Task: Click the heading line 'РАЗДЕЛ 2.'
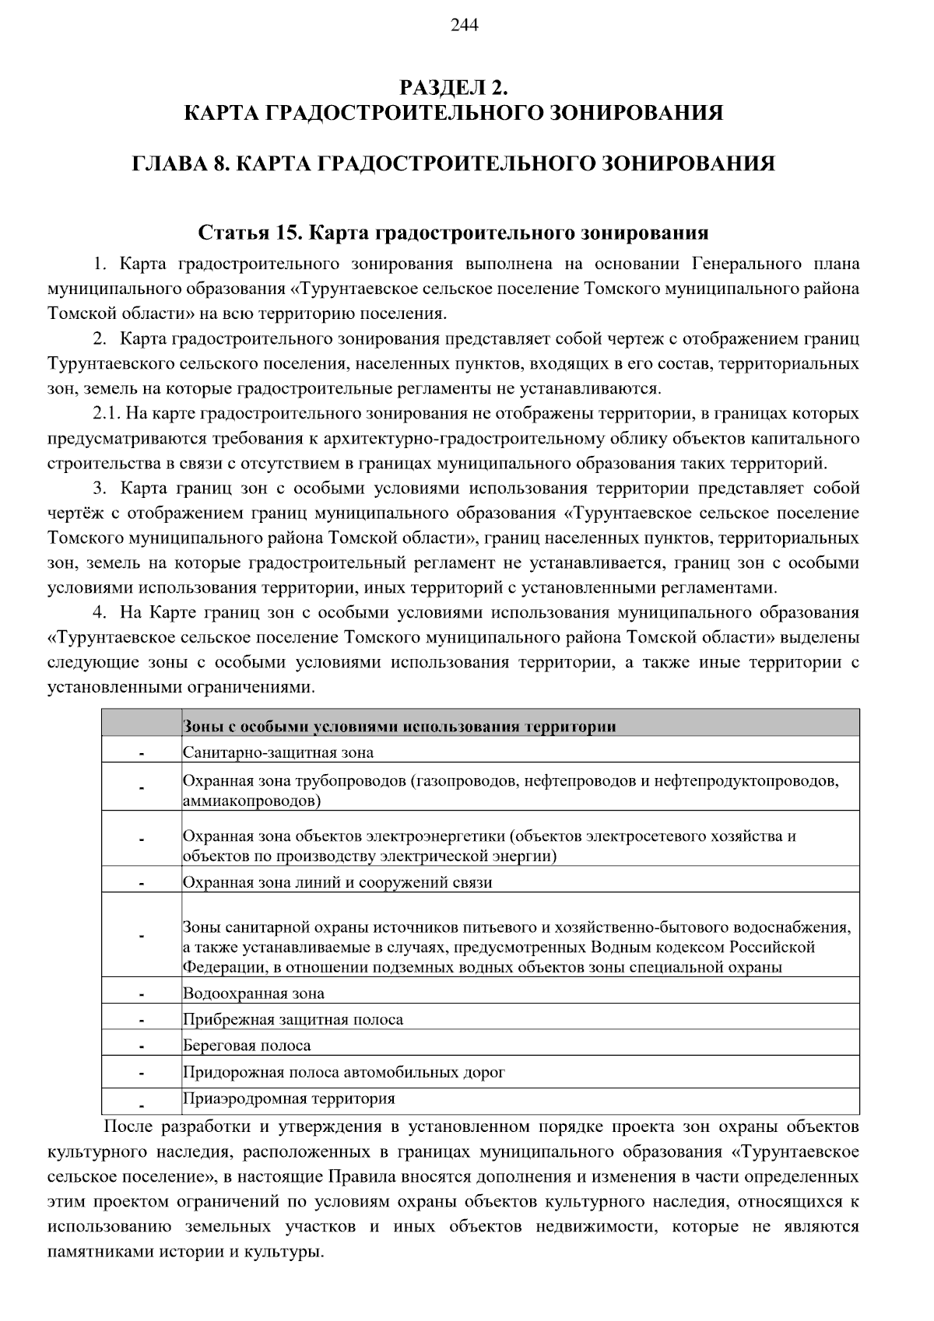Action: [x=453, y=86]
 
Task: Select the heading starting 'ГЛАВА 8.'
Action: [x=453, y=164]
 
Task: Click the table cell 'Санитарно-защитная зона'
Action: [x=278, y=752]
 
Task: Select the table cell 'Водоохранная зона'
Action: [x=254, y=993]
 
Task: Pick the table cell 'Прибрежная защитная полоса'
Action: [x=293, y=1020]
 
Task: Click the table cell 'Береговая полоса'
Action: [x=247, y=1046]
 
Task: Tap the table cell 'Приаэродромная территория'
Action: [x=289, y=1098]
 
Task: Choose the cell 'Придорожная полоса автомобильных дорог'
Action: [x=344, y=1072]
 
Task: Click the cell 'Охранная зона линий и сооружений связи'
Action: [x=337, y=882]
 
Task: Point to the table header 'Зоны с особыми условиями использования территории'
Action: [x=399, y=727]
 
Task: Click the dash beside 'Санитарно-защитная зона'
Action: [x=142, y=754]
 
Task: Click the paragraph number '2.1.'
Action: [x=106, y=413]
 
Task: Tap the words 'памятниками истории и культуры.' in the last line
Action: [x=184, y=1253]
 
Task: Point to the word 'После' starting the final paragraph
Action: [x=127, y=1127]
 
